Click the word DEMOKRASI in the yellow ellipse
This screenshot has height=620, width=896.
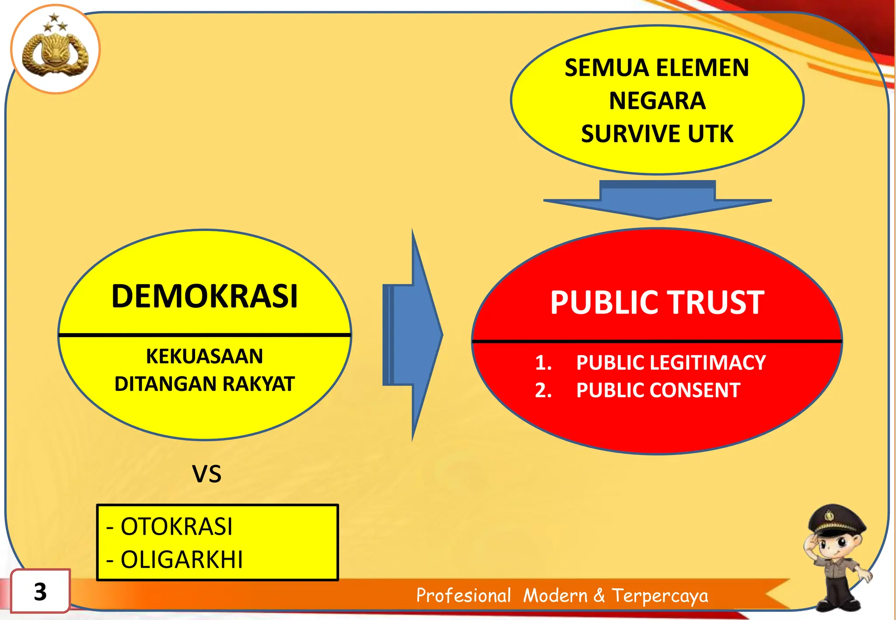pyautogui.click(x=204, y=296)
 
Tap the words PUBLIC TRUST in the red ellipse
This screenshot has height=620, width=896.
pyautogui.click(x=657, y=303)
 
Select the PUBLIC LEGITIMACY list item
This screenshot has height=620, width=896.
pyautogui.click(x=670, y=363)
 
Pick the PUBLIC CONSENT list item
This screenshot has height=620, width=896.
pyautogui.click(x=658, y=390)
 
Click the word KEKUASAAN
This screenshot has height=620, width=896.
pyautogui.click(x=204, y=356)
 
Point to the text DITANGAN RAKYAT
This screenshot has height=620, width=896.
pyautogui.click(x=204, y=384)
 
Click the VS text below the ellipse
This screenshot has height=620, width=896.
pyautogui.click(x=206, y=474)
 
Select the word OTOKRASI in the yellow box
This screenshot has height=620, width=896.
pyautogui.click(x=176, y=526)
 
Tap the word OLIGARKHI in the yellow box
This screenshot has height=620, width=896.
pyautogui.click(x=181, y=560)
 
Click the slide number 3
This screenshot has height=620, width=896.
pyautogui.click(x=40, y=592)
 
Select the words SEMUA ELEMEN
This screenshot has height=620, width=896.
pyautogui.click(x=657, y=68)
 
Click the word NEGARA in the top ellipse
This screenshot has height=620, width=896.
pyautogui.click(x=657, y=101)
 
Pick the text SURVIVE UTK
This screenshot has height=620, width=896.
pyautogui.click(x=657, y=134)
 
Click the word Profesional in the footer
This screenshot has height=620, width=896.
pyautogui.click(x=463, y=596)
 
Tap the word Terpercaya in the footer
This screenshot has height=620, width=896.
pyautogui.click(x=660, y=596)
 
